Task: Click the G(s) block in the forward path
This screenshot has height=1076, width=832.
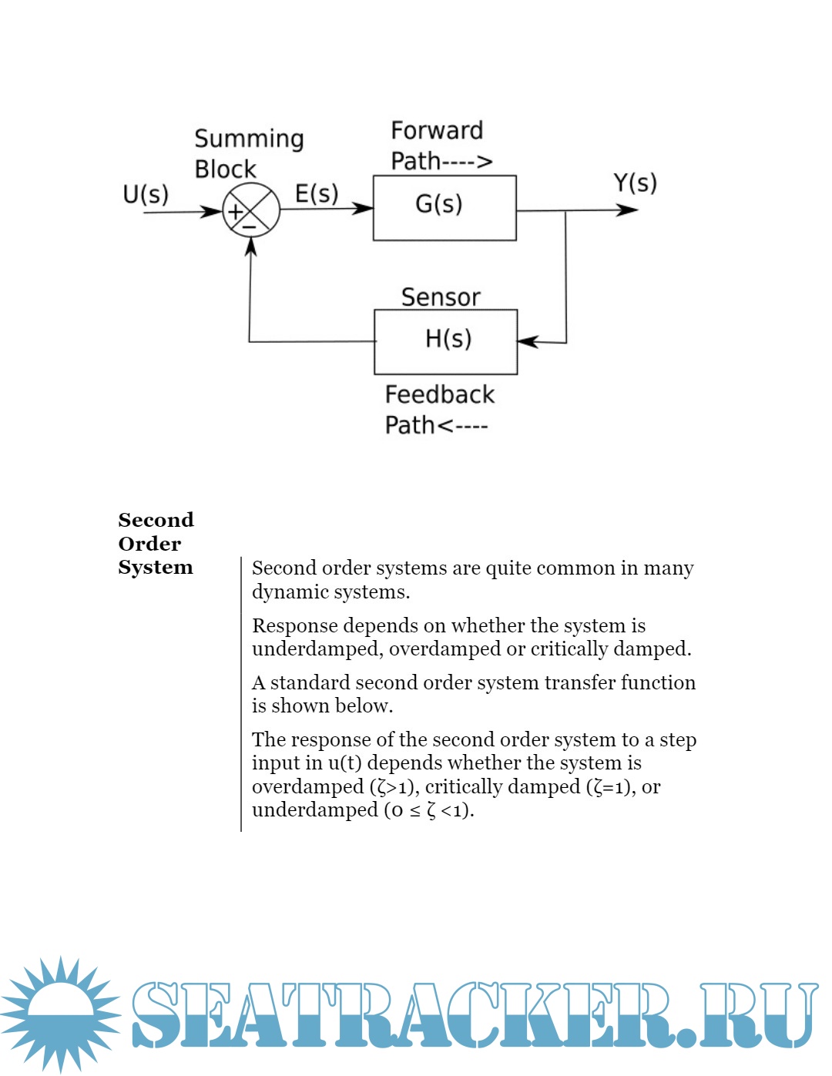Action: pos(445,208)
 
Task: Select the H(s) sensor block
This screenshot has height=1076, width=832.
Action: pos(445,341)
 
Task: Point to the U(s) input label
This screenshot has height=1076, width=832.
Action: pos(146,194)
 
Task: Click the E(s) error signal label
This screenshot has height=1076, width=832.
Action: pos(317,193)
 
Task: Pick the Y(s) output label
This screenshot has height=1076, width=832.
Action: pos(635,183)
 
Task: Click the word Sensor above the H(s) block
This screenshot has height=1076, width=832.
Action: pos(441,297)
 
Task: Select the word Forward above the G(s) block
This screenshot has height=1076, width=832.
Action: pos(437,131)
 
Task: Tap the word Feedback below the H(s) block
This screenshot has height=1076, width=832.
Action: pos(439,394)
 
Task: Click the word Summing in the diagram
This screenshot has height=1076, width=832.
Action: pos(249,139)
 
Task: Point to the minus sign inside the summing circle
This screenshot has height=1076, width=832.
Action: pos(249,226)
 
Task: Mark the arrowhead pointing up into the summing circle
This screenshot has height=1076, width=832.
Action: pos(250,246)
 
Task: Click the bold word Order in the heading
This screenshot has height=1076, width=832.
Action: pos(149,544)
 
